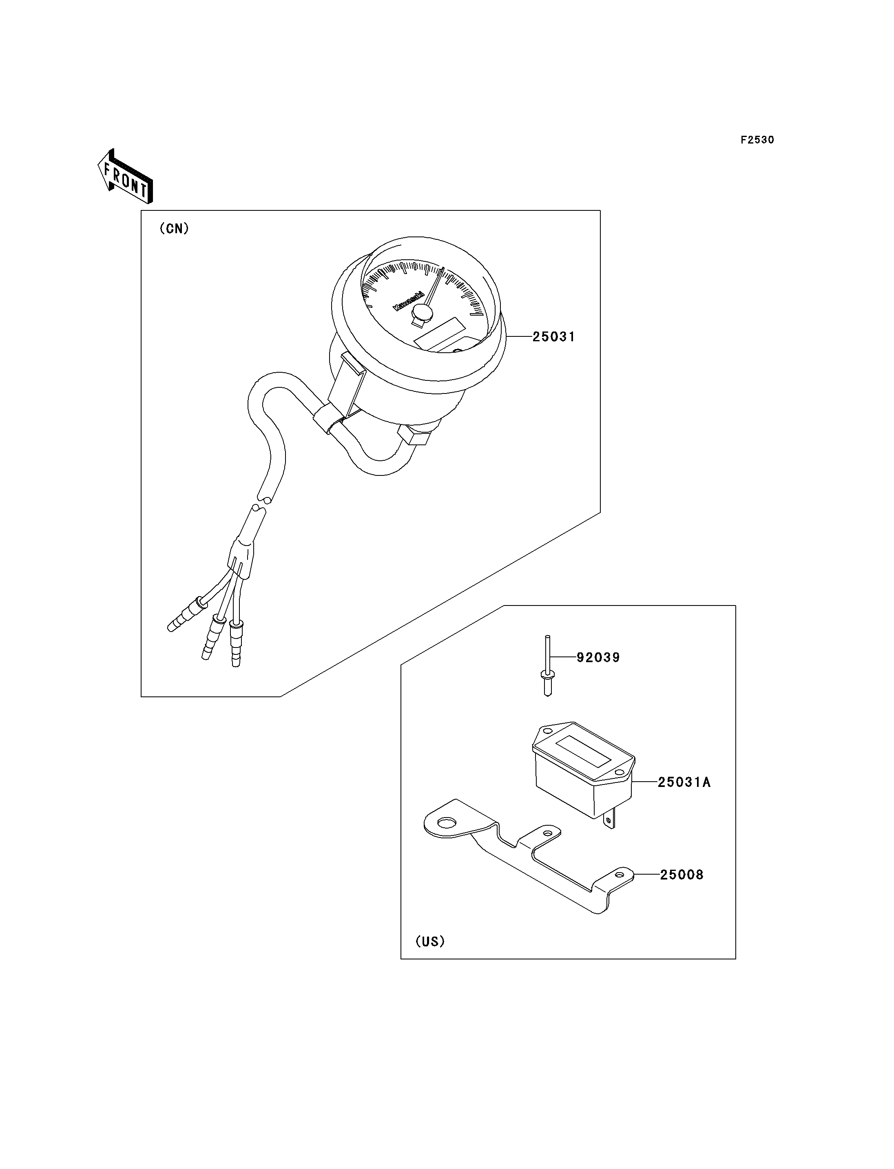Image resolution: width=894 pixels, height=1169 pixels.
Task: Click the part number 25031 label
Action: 553,337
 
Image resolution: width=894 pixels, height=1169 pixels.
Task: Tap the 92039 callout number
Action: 599,658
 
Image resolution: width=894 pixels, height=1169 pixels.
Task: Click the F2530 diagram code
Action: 757,140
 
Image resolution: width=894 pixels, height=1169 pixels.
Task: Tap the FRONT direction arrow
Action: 126,176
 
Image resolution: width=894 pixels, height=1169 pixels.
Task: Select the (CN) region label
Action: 174,229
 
